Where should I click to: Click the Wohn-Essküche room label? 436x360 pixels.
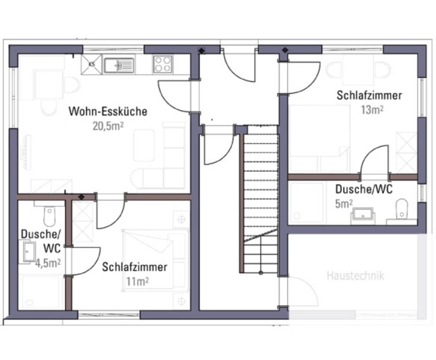pos(108,111)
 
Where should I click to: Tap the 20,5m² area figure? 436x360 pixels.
pos(108,127)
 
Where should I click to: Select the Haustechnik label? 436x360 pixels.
pos(356,276)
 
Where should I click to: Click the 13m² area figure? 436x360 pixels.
pos(372,110)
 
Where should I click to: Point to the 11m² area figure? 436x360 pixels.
pos(137,281)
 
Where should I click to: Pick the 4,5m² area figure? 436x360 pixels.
pos(48,263)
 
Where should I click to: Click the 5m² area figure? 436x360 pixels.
pos(344,204)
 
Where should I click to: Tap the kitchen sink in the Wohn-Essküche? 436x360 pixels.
pos(119,65)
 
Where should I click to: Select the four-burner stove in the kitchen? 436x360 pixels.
pos(163,64)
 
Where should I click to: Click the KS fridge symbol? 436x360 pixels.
pos(91,64)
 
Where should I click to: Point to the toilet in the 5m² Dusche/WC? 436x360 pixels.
pos(401,209)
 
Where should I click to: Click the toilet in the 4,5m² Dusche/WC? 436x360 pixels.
pos(50,216)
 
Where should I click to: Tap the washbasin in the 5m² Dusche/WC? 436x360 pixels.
pos(363,214)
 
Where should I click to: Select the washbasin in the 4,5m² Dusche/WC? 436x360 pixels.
pos(29,252)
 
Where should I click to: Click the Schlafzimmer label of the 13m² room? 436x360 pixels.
pos(369,95)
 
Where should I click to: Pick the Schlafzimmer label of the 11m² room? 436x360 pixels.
pos(134,267)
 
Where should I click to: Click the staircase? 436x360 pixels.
pos(259,199)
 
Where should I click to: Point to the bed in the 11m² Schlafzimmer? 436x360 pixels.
pos(155,260)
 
